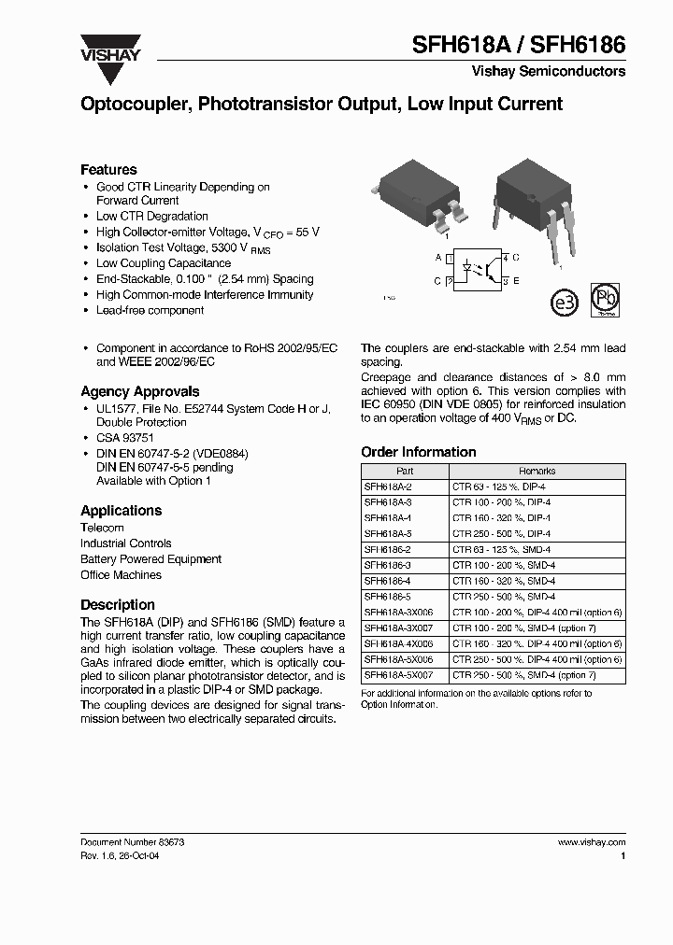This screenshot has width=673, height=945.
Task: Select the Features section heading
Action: [108, 169]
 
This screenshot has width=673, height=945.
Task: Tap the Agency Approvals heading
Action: [139, 391]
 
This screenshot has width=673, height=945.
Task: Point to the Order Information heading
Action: [418, 452]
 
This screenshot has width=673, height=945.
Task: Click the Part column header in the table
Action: [404, 472]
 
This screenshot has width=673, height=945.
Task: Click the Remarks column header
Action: [537, 472]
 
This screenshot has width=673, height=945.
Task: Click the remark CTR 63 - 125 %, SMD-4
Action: [501, 550]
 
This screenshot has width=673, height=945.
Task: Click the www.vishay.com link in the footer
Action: [591, 841]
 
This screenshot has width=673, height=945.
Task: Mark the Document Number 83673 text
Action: [132, 841]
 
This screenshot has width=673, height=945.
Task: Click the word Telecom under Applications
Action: [102, 528]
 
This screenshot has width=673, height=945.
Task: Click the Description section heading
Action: [118, 604]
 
